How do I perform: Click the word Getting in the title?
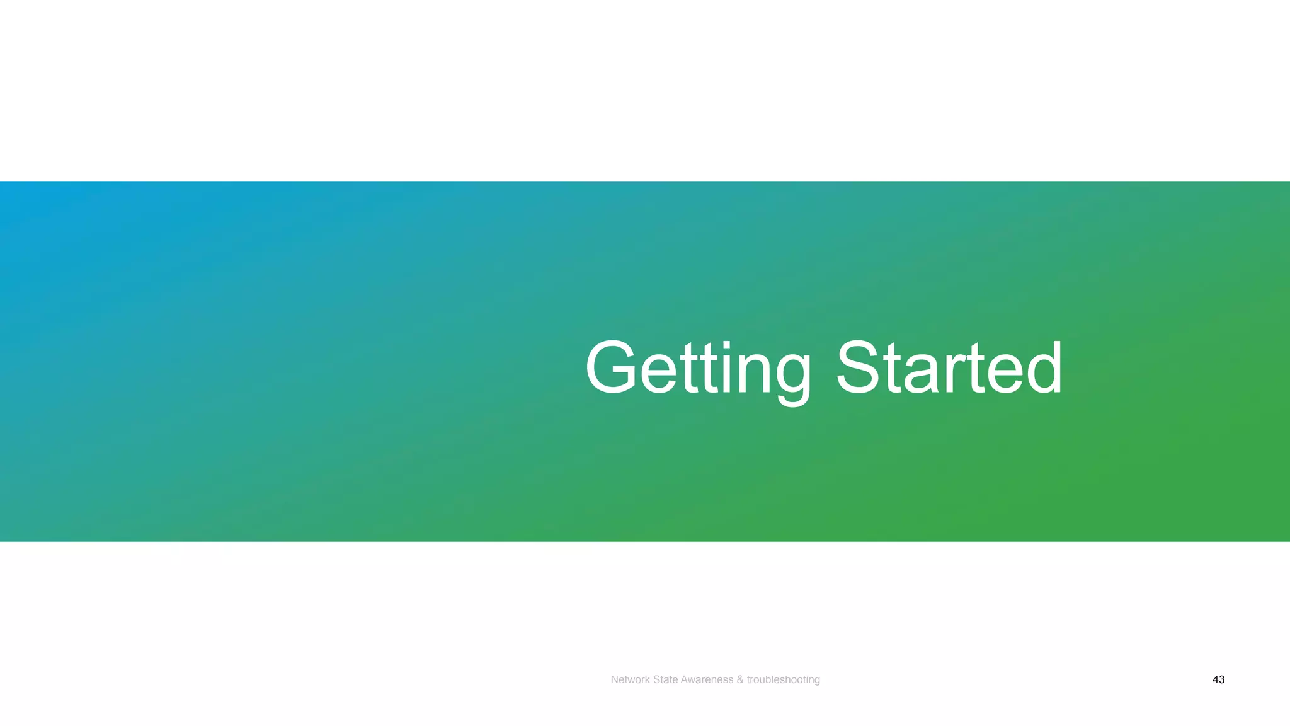point(698,369)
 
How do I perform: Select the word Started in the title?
point(949,369)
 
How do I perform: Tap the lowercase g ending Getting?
point(792,375)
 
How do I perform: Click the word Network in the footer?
point(631,679)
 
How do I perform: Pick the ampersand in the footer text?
point(740,679)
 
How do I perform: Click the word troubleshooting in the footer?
point(783,679)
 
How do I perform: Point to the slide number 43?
point(1218,679)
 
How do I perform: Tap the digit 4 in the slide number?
point(1215,679)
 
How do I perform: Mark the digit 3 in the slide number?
point(1222,679)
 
